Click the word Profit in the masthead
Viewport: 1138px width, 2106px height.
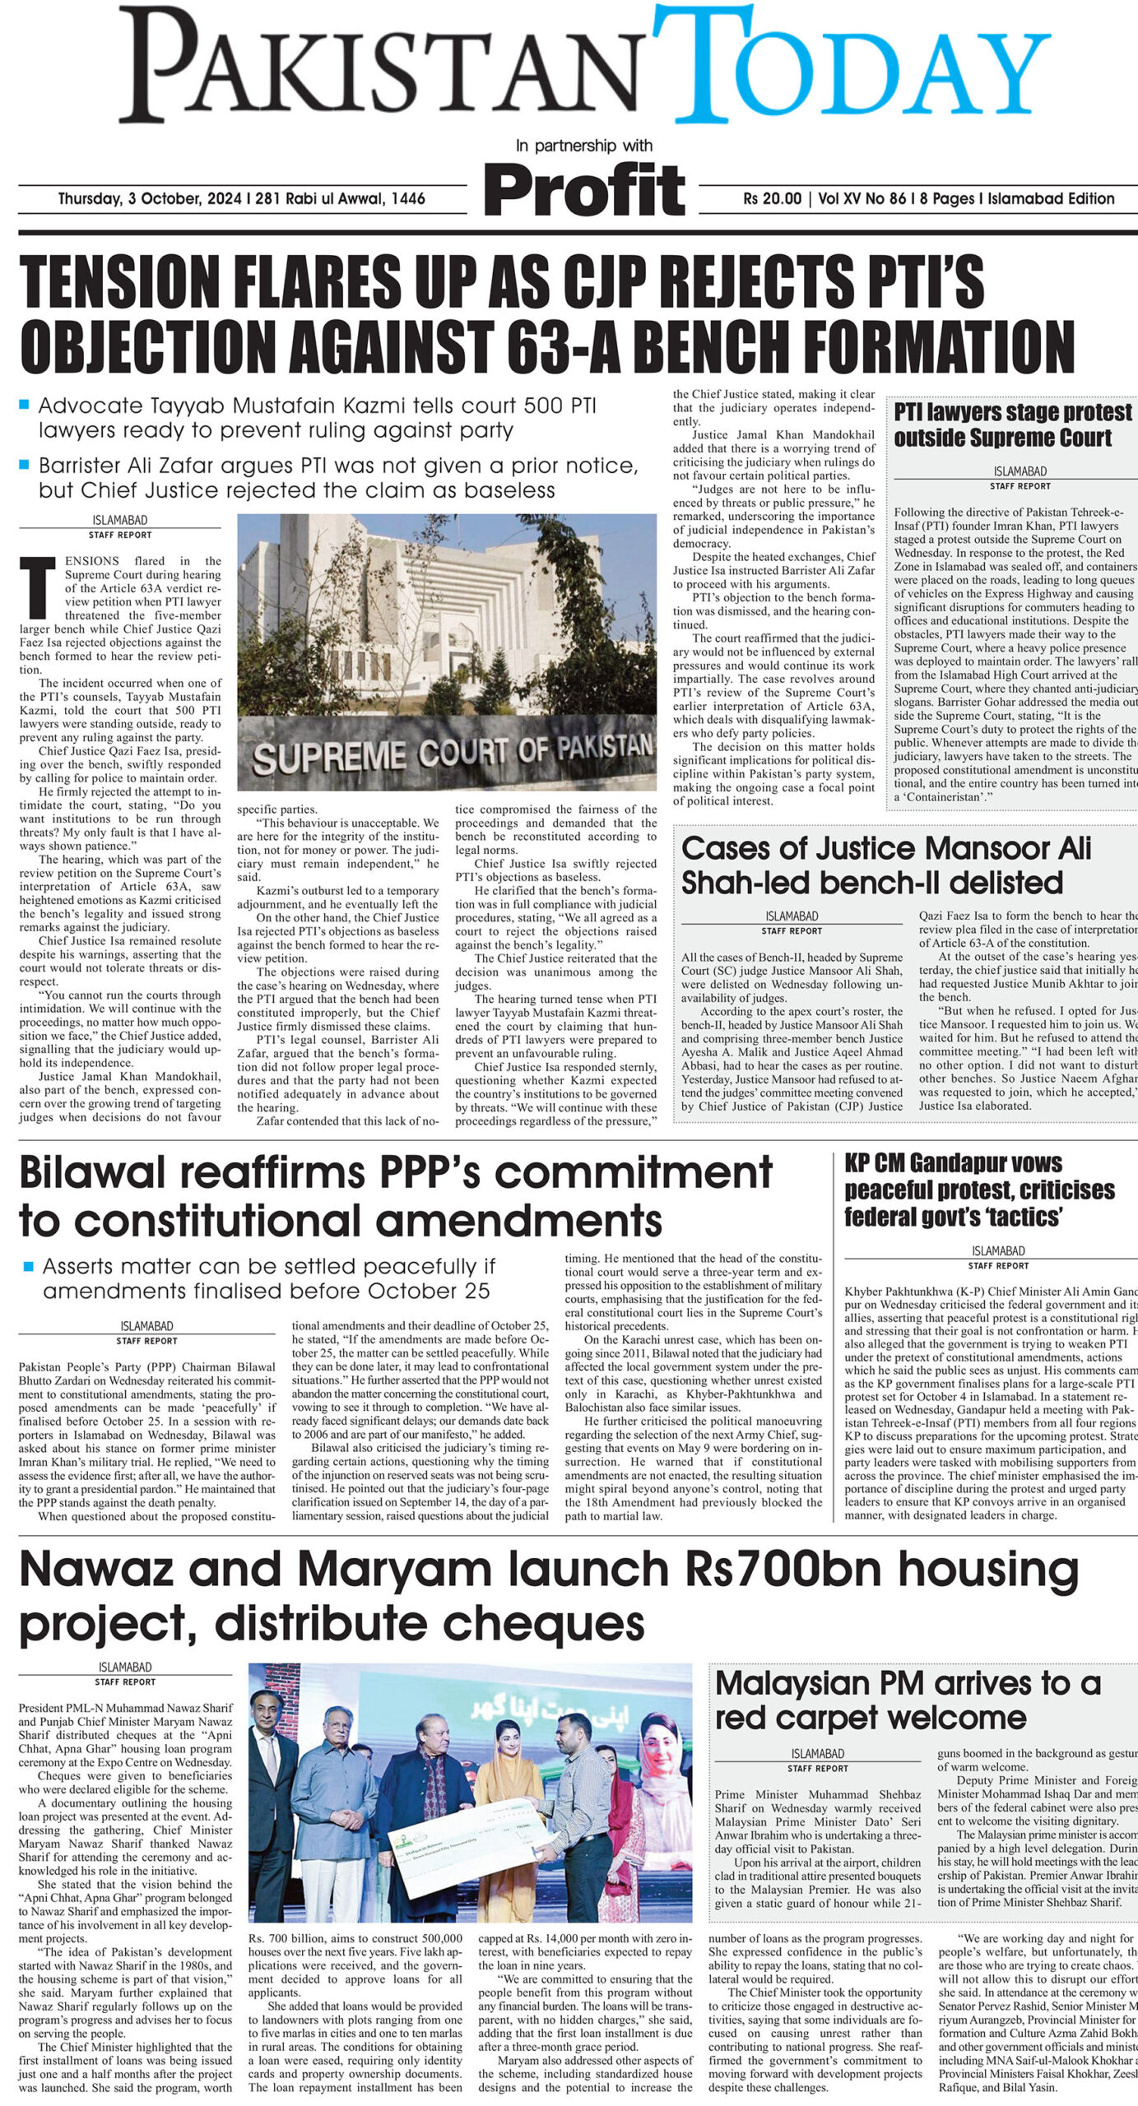(584, 188)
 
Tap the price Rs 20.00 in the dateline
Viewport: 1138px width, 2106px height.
(772, 198)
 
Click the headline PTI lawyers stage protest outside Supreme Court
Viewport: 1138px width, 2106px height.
(1013, 424)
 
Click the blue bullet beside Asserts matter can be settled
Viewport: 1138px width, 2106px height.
(29, 1267)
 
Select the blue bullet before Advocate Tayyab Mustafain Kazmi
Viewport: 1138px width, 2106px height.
(25, 406)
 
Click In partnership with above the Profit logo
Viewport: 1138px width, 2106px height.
(583, 146)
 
